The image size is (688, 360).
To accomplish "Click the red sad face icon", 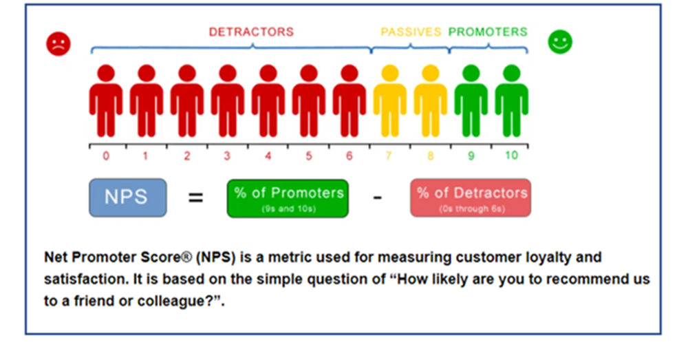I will tap(59, 44).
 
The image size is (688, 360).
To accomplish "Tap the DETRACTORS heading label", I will tap(251, 32).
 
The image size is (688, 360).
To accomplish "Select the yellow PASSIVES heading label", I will tap(411, 32).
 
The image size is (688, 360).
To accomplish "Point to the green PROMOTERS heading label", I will tap(488, 32).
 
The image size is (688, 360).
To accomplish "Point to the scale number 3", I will tap(227, 156).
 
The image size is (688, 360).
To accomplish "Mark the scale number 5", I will tap(308, 156).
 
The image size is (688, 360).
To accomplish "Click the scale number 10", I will tap(511, 156).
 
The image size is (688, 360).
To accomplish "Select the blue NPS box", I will tap(127, 198).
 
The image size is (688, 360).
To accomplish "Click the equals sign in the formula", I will tap(196, 198).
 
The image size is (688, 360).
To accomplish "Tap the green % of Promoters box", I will tap(288, 198).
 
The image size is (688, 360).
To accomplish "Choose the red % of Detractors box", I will tap(471, 198).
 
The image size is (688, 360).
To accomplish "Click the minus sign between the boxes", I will tap(378, 198).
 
